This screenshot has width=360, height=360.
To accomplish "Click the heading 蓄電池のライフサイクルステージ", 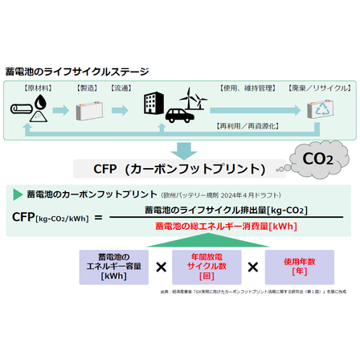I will (x=76, y=72).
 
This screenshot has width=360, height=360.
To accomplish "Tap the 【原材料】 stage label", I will (x=37, y=87).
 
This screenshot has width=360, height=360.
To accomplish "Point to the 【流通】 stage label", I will (x=121, y=87).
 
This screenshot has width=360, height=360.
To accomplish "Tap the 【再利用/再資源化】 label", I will (x=249, y=126).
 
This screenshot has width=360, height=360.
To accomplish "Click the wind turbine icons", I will (x=193, y=100).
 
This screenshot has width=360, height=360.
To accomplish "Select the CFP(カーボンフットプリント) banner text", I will (x=180, y=169).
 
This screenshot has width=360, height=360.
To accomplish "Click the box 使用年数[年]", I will (x=300, y=265).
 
